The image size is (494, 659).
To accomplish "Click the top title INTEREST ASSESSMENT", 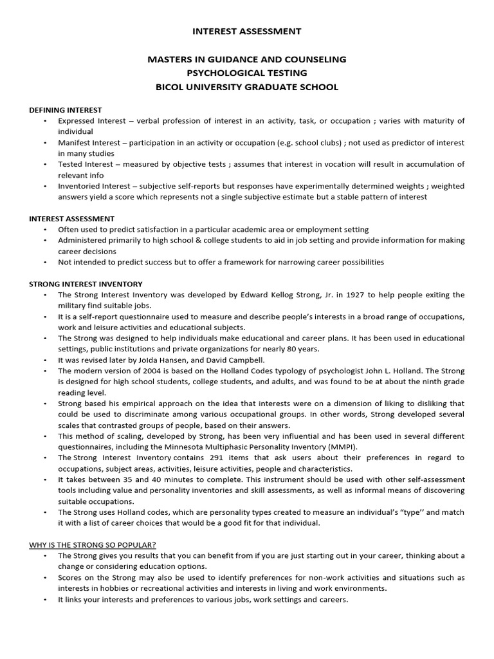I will (248, 31).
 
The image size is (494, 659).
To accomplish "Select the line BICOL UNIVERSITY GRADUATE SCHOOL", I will (248, 87).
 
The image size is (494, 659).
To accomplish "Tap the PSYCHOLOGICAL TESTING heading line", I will (248, 73).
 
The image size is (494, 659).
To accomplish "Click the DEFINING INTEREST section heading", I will (66, 110).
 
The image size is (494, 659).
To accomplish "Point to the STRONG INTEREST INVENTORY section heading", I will (86, 284).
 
